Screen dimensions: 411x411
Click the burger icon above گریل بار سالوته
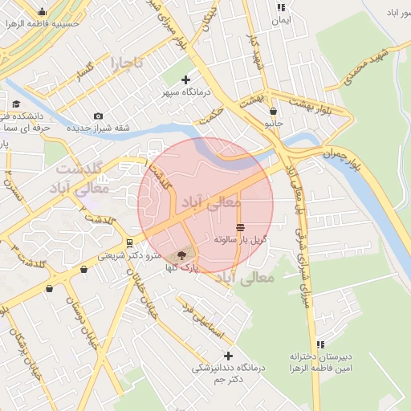click(241, 227)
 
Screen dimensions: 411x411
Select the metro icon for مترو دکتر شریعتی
click(128, 242)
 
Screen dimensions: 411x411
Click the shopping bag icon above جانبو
click(274, 112)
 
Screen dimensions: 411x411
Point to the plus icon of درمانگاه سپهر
click(186, 79)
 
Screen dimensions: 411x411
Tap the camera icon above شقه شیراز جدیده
click(98, 116)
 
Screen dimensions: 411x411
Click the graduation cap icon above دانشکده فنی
click(17, 104)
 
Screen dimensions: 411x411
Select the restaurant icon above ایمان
click(280, 7)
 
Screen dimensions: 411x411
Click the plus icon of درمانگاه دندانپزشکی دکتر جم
click(229, 356)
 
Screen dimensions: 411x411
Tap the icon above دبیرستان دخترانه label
click(320, 344)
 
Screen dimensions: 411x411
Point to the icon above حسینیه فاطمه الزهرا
click(42, 12)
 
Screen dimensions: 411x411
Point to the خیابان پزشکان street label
click(26, 351)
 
